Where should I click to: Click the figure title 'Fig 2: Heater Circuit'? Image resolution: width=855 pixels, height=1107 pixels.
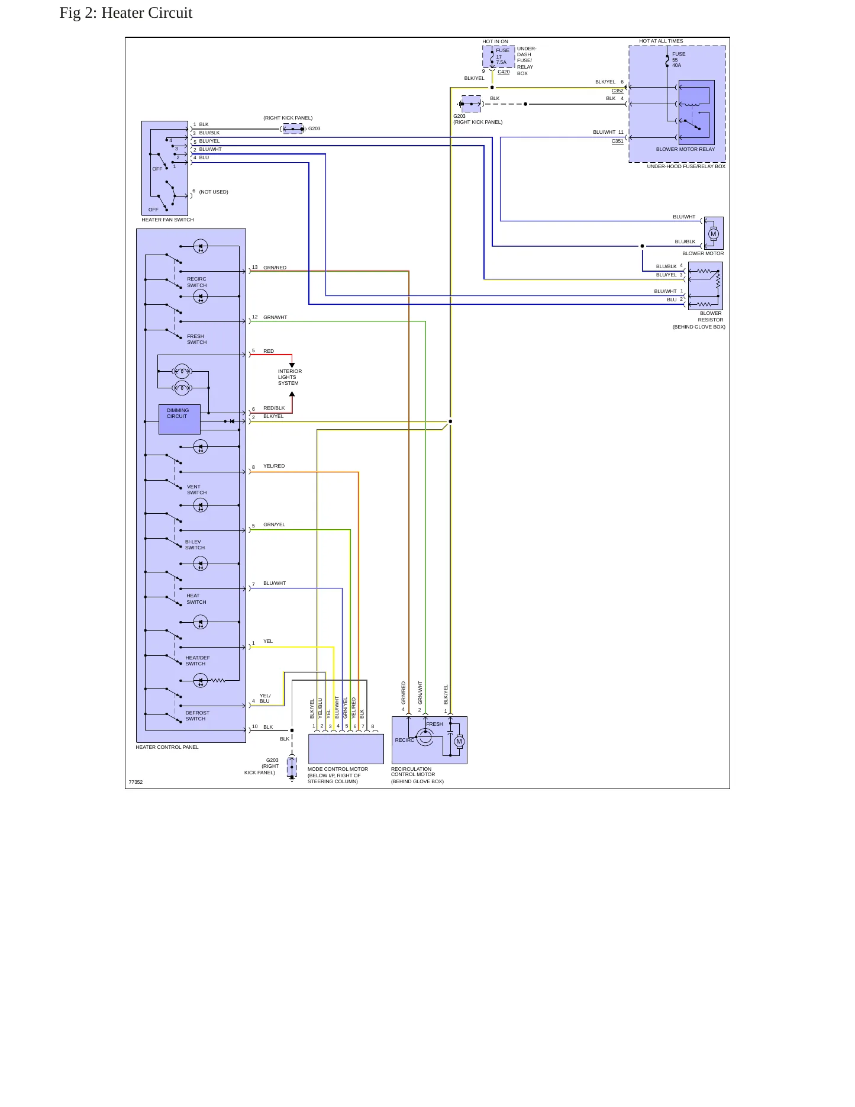pos(126,13)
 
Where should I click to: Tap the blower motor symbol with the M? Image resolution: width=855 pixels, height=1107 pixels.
pos(713,234)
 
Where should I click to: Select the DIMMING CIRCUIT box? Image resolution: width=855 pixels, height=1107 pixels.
pos(179,419)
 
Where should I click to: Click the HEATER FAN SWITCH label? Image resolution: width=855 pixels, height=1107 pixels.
pos(167,220)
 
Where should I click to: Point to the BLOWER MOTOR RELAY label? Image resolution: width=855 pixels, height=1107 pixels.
pos(685,149)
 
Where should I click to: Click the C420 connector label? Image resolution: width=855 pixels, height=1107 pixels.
pos(504,72)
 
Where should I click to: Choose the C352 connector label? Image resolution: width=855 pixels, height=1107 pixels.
pos(617,91)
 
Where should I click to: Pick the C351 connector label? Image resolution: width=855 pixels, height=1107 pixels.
pos(617,141)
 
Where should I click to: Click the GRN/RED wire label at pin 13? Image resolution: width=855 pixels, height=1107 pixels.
pos(275,268)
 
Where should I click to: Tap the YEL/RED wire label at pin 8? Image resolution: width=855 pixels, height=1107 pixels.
pos(274,466)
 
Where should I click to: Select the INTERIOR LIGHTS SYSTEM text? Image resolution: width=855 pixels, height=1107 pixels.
pos(290,377)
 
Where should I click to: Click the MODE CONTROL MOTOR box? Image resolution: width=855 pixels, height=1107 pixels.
pos(346,749)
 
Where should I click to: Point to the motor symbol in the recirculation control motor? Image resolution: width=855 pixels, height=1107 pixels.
pos(459,742)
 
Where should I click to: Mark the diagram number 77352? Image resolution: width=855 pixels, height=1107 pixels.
pos(135,782)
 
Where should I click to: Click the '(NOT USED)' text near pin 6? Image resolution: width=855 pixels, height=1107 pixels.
pos(214,192)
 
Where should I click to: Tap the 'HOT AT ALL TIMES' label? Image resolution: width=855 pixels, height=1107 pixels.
pos(661,41)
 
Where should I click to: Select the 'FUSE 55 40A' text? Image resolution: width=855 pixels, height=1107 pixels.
pos(678,60)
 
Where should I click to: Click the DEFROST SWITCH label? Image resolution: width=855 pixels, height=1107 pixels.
pos(197,716)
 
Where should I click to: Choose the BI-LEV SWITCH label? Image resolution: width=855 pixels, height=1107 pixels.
pos(195,545)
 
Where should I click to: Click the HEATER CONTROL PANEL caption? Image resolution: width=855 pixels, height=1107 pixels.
pos(167,747)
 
